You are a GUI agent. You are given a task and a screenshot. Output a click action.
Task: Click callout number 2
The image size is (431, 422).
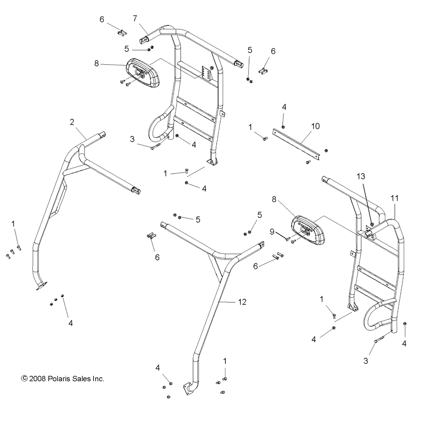(72, 122)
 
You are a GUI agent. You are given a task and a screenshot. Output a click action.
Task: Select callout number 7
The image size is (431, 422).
(135, 18)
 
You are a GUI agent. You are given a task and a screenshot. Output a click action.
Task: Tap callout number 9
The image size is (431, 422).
(272, 231)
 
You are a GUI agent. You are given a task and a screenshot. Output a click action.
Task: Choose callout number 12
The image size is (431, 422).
(242, 302)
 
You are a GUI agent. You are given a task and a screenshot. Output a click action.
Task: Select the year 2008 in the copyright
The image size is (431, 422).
(37, 379)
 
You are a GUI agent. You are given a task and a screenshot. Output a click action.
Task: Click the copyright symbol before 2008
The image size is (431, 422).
(24, 379)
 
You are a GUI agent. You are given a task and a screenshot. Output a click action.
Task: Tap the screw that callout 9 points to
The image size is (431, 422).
(287, 239)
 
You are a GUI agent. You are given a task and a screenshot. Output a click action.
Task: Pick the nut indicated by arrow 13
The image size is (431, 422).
(372, 224)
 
